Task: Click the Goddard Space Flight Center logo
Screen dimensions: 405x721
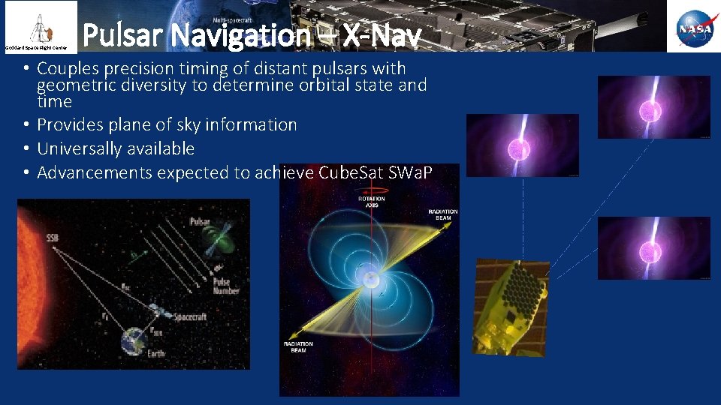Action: coord(38,26)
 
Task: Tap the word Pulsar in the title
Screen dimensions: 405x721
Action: coord(121,34)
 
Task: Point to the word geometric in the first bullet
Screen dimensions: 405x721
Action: coord(73,85)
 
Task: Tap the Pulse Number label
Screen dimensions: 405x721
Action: coord(225,286)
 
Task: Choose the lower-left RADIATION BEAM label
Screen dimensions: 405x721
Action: coord(297,346)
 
